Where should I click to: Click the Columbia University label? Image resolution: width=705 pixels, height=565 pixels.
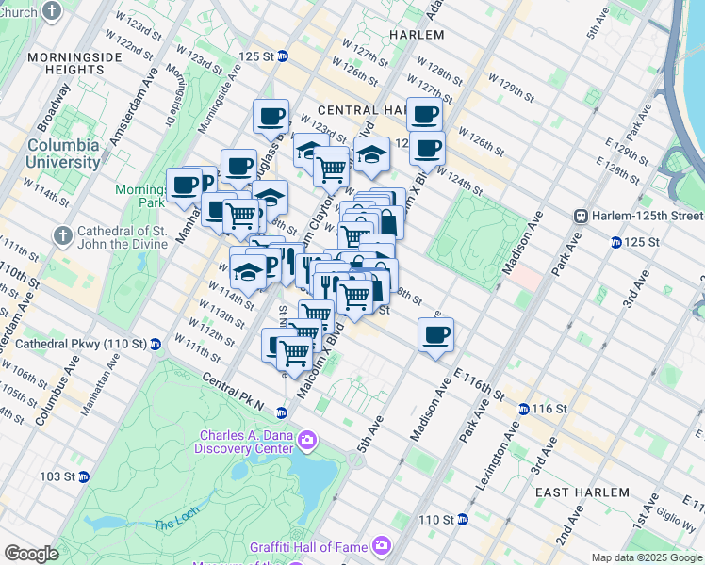63,153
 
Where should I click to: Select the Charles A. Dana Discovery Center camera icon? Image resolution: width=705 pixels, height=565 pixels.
306,441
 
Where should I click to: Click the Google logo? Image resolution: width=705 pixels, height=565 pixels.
32,554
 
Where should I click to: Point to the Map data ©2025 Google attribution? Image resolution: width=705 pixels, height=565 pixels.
647,557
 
